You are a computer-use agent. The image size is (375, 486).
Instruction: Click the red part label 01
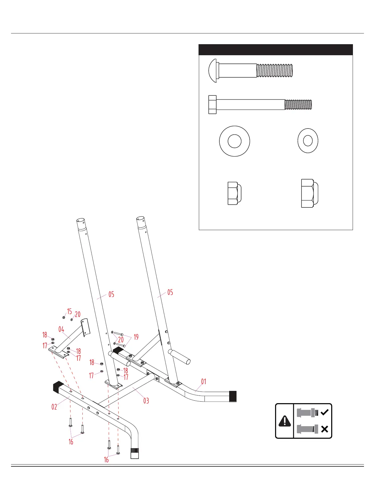tap(204, 381)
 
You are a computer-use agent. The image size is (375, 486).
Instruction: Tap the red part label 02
tap(54, 407)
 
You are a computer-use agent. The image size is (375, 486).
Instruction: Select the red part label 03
tap(146, 401)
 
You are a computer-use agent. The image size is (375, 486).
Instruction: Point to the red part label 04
tap(61, 330)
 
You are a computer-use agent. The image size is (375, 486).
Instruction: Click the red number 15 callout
tap(70, 311)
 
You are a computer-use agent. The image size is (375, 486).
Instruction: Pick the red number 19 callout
tap(136, 337)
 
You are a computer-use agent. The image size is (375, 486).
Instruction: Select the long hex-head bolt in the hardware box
tap(260, 105)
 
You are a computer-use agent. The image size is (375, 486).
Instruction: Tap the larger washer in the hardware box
tap(235, 141)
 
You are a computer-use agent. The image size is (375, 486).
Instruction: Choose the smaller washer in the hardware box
tap(308, 141)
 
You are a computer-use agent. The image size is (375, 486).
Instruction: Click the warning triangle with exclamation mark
tap(285, 421)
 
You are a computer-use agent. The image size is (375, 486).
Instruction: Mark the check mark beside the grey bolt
tap(324, 412)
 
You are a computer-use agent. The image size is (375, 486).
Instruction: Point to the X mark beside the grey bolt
tap(324, 429)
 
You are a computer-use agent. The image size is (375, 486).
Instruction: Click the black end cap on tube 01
tap(233, 396)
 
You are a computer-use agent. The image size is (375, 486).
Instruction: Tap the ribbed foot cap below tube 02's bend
tap(135, 453)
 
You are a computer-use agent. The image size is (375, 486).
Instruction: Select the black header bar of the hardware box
tap(276, 50)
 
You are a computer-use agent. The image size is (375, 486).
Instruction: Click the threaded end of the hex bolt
tap(298, 105)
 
